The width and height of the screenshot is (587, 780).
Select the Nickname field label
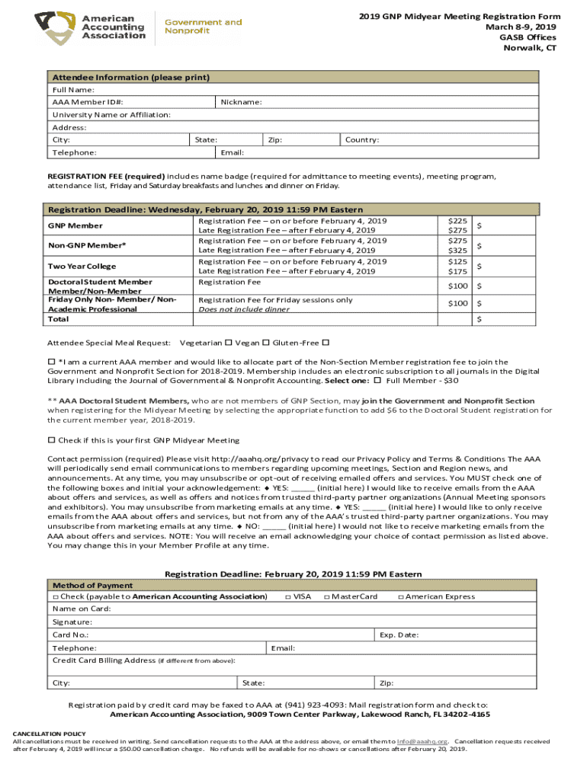coord(241,102)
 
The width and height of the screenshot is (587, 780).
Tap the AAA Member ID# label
coord(77,102)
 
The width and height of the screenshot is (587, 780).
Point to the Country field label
coord(362,140)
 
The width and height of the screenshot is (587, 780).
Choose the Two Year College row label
coord(82,266)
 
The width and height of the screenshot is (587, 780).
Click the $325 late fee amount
coord(457,251)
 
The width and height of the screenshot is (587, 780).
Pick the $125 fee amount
coord(457,261)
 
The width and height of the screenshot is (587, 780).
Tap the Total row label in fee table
coord(59,319)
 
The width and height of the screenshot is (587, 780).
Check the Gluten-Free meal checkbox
coord(326,343)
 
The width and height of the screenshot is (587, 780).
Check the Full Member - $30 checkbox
coord(377,380)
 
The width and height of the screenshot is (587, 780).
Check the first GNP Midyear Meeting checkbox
coord(52,440)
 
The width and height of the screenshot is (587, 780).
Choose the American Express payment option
coord(401,596)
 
